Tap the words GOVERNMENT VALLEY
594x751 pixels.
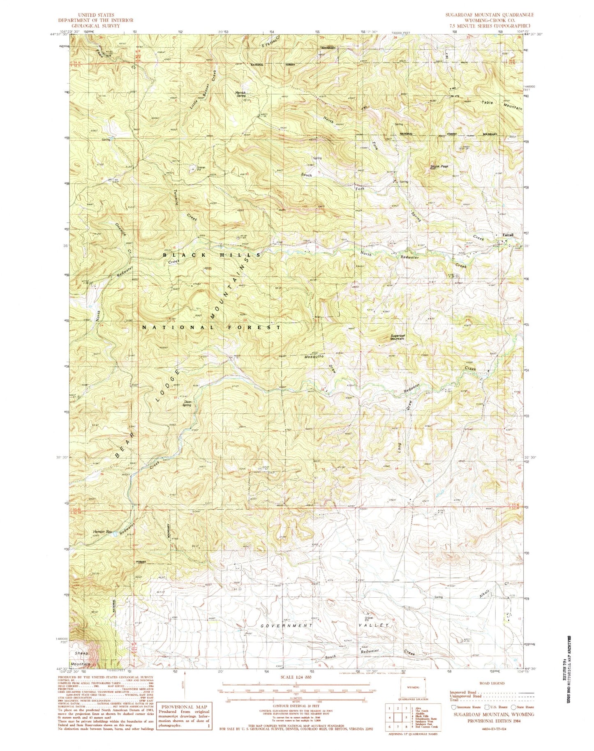[x=325, y=625]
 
